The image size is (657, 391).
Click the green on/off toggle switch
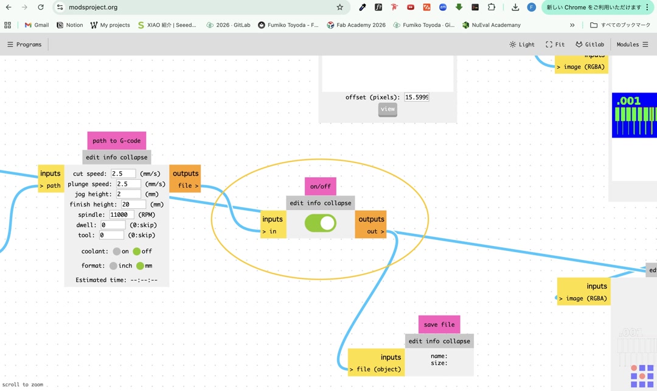click(x=320, y=223)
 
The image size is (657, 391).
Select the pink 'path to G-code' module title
click(x=116, y=141)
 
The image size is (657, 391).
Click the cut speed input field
click(x=123, y=174)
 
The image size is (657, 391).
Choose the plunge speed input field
click(x=128, y=184)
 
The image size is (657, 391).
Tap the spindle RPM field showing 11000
click(x=122, y=214)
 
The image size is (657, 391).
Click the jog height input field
click(x=128, y=194)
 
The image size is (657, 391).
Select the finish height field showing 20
click(x=133, y=205)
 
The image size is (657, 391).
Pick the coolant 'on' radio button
click(x=117, y=252)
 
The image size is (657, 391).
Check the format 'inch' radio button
click(x=113, y=266)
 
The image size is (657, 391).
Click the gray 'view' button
click(x=388, y=109)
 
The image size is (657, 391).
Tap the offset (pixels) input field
click(x=417, y=97)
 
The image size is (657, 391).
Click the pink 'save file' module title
click(x=439, y=325)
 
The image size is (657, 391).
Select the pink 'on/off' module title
click(x=320, y=186)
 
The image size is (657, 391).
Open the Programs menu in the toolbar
click(x=24, y=44)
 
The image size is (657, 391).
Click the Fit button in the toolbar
click(x=555, y=44)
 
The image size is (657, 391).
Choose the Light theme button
click(x=522, y=44)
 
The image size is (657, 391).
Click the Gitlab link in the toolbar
click(x=589, y=44)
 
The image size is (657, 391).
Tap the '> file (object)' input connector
click(x=375, y=369)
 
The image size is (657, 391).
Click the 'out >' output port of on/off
click(x=372, y=231)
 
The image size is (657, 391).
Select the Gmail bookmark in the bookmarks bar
click(x=36, y=25)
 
